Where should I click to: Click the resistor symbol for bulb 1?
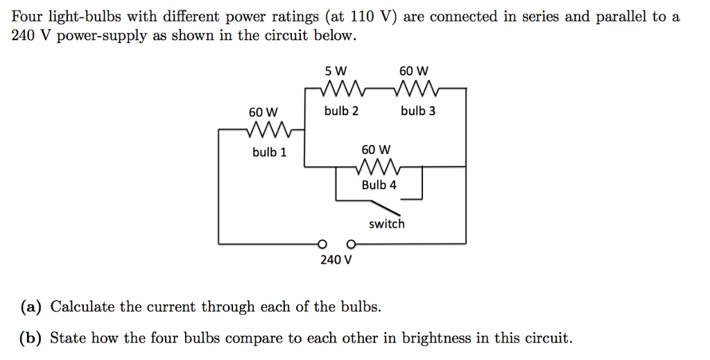(267, 130)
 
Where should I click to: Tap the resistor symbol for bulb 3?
(415, 89)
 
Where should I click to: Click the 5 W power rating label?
(336, 71)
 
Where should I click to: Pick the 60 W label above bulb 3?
(414, 71)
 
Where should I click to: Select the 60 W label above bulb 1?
(263, 112)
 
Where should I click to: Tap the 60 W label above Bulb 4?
(376, 149)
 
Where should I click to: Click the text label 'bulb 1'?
(269, 152)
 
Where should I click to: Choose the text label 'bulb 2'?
(341, 111)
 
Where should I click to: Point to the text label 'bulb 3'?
(418, 111)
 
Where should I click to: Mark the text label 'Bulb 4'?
(379, 185)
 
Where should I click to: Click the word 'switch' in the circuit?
(386, 224)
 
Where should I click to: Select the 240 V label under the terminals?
(336, 260)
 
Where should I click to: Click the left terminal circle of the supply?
(321, 243)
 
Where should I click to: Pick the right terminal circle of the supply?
(352, 243)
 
